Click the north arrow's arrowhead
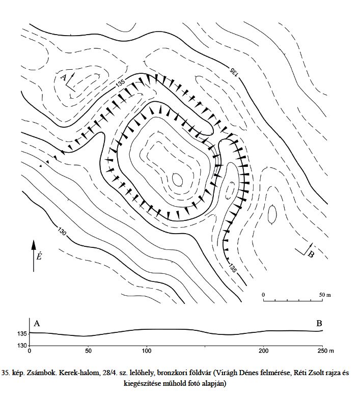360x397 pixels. pyautogui.click(x=34, y=245)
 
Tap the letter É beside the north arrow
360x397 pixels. pyautogui.click(x=39, y=256)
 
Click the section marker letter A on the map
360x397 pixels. pyautogui.click(x=64, y=77)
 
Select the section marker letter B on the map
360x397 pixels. pyautogui.click(x=311, y=254)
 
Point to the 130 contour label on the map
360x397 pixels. pyautogui.click(x=62, y=232)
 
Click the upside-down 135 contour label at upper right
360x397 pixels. pyautogui.click(x=234, y=71)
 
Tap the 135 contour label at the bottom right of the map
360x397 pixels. pyautogui.click(x=233, y=268)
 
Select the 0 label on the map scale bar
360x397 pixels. pyautogui.click(x=263, y=295)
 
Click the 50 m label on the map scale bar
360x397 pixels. pyautogui.click(x=325, y=295)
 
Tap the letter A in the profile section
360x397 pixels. pyautogui.click(x=37, y=323)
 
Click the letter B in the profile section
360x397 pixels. pyautogui.click(x=319, y=323)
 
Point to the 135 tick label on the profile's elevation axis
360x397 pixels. pyautogui.click(x=22, y=334)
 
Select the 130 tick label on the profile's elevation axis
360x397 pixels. pyautogui.click(x=22, y=346)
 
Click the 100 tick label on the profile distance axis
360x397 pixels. pyautogui.click(x=147, y=351)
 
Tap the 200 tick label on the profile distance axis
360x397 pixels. pyautogui.click(x=264, y=351)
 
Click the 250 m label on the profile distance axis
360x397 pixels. pyautogui.click(x=326, y=351)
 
